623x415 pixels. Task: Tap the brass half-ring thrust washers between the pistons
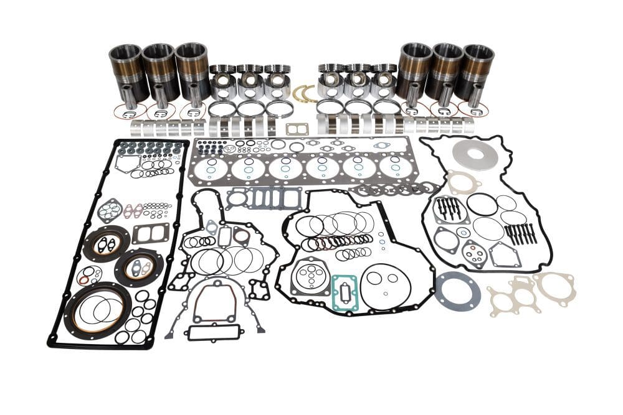pyautogui.click(x=304, y=93)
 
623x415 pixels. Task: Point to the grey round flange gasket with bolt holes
pyautogui.click(x=457, y=289)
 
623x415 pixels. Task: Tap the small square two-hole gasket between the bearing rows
pyautogui.click(x=296, y=129)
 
